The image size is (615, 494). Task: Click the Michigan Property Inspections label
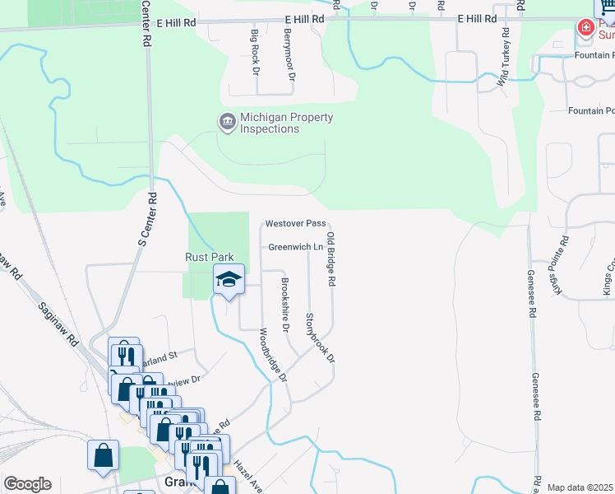[x=286, y=123]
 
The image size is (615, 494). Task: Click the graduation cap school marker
[x=229, y=279]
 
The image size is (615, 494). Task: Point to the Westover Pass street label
[x=295, y=224]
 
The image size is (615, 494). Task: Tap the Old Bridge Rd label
[x=331, y=259]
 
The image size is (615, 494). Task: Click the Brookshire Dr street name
[x=285, y=305]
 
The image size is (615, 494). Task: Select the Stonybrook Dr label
[x=321, y=338]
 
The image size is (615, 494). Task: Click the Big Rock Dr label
[x=255, y=51]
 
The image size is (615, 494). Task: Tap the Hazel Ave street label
[x=248, y=476]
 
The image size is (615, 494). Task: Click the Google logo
[x=27, y=484]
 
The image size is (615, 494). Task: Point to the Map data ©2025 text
[x=580, y=487]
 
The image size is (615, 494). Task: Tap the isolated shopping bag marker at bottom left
[x=104, y=455]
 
